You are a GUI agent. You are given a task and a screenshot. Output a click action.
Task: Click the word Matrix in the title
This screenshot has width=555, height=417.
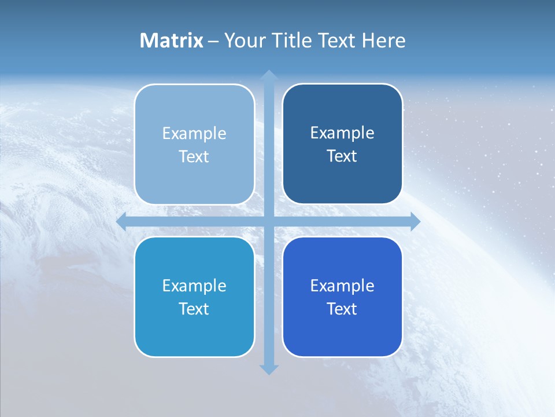tap(172, 41)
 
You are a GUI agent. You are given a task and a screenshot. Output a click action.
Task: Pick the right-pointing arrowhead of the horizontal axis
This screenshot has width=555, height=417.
tap(416, 221)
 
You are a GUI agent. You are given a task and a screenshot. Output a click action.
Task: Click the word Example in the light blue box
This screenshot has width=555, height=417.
tap(194, 134)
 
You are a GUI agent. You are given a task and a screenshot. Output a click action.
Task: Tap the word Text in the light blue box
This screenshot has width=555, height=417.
tap(194, 157)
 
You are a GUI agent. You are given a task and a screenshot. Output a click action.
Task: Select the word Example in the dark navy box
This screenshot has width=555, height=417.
tap(342, 133)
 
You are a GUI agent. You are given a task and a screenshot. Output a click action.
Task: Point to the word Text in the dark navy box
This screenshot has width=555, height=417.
tap(342, 156)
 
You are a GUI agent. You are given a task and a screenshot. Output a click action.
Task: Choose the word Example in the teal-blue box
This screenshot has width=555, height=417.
tap(194, 286)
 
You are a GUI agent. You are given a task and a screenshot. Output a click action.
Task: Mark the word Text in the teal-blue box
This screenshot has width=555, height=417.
tap(194, 309)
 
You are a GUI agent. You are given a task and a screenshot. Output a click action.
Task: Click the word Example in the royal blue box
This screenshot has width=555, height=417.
tap(342, 286)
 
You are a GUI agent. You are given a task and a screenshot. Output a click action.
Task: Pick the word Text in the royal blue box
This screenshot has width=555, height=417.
tap(342, 309)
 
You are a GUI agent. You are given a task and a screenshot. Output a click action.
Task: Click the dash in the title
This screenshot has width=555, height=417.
tap(213, 41)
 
